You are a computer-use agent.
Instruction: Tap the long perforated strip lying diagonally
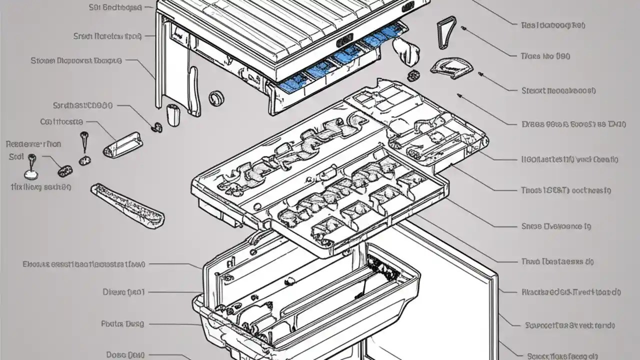(x=127, y=203)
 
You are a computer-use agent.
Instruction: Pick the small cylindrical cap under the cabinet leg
(x=173, y=115)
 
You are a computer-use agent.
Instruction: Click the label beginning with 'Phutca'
(x=122, y=323)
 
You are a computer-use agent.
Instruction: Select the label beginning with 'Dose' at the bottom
(x=122, y=354)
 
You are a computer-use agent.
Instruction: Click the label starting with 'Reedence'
(x=34, y=144)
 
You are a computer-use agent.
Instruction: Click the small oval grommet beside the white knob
(x=413, y=75)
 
